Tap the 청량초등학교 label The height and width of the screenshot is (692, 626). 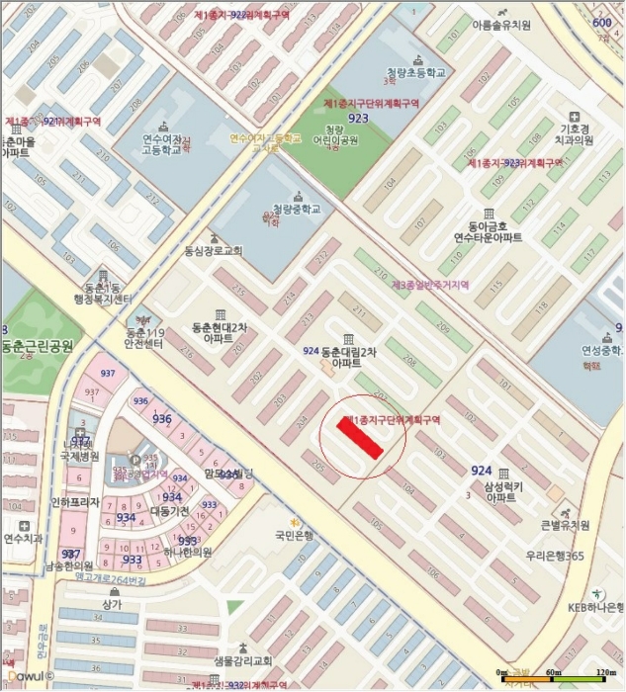tap(416, 73)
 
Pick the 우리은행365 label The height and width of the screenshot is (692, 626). tap(554, 557)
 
